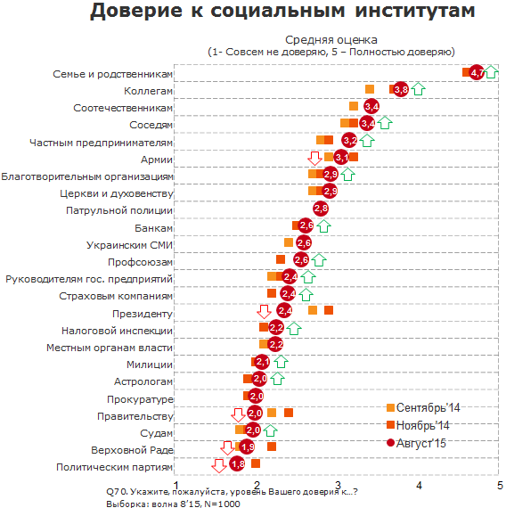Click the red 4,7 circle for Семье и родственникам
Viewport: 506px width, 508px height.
(x=477, y=72)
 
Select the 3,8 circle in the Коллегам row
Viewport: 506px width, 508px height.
(x=401, y=89)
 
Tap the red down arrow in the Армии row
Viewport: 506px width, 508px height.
(x=314, y=158)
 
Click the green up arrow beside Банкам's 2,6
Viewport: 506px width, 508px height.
(x=323, y=225)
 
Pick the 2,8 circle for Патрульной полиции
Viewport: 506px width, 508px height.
(x=321, y=209)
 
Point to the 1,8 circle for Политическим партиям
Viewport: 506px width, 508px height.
(x=238, y=464)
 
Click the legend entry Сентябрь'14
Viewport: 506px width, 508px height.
(x=423, y=407)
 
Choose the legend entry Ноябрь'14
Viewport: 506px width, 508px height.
(x=418, y=425)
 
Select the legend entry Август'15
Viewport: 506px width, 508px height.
(x=416, y=443)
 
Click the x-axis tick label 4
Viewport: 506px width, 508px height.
(x=419, y=486)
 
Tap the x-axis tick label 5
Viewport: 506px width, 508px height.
(x=500, y=486)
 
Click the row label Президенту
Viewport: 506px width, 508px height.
(x=143, y=314)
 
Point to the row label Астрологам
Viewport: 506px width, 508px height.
(x=143, y=381)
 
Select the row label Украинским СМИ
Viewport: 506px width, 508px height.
(x=129, y=245)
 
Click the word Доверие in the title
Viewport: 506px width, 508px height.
(x=135, y=11)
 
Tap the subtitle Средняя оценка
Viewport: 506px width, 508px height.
(x=331, y=40)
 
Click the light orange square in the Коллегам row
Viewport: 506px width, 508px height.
(x=370, y=89)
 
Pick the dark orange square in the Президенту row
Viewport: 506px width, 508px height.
(x=329, y=310)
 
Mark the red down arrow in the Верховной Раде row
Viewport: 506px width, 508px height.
(x=227, y=447)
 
